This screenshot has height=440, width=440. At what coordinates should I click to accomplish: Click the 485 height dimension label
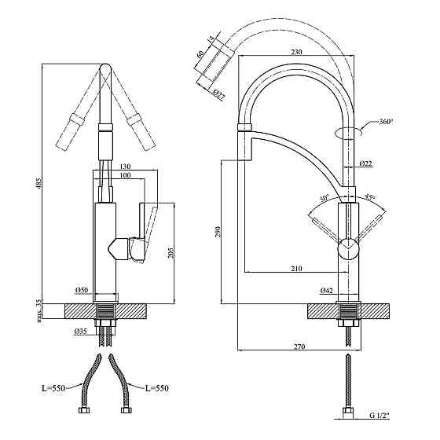(38, 183)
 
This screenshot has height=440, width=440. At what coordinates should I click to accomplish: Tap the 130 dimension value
(125, 167)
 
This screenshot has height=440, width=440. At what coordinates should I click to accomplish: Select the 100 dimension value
(125, 175)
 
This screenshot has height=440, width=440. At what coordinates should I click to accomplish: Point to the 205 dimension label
(171, 252)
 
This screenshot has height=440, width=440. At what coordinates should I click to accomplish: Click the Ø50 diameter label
(82, 290)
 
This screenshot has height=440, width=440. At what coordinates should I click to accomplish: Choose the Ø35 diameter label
(81, 332)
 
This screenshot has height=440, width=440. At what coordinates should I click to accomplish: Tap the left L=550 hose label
(53, 388)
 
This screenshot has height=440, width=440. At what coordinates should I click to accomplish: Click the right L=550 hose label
(157, 388)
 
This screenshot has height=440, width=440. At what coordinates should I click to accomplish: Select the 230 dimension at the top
(296, 52)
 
